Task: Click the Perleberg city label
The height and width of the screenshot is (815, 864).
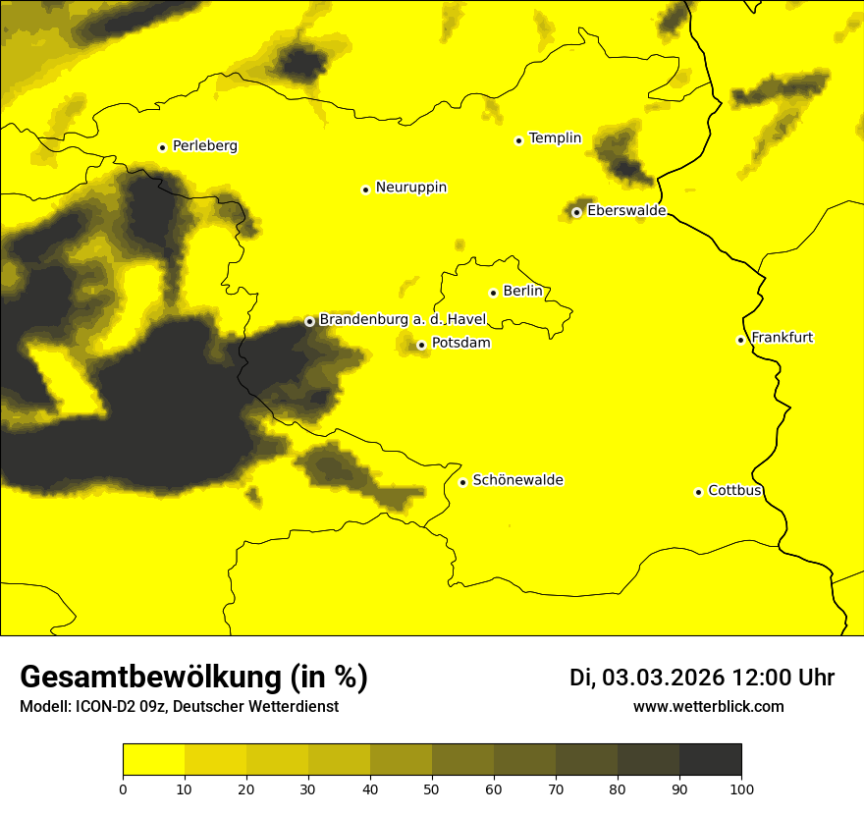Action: tap(204, 146)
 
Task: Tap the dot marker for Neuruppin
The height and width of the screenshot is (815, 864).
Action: tap(365, 190)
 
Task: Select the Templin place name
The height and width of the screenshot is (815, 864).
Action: tap(555, 138)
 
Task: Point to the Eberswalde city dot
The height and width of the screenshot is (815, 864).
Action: tap(576, 212)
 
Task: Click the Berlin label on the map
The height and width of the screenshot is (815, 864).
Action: tap(522, 292)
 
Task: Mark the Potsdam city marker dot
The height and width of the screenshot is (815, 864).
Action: tap(421, 345)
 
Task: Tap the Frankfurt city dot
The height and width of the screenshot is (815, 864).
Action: tap(740, 340)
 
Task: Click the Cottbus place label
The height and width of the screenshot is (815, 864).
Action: tap(734, 491)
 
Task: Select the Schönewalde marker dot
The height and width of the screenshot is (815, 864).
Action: tap(462, 482)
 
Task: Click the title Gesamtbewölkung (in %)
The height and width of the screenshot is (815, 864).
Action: tap(193, 678)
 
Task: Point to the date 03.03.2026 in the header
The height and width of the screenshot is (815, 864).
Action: tap(663, 678)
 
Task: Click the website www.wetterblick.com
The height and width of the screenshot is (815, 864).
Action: tap(708, 706)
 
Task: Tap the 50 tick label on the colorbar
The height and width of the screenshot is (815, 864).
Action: tap(432, 788)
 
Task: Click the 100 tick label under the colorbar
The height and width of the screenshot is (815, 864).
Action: tap(741, 788)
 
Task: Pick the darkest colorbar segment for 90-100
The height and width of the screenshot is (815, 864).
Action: tap(710, 760)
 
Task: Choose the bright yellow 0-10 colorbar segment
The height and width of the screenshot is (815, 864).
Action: tap(154, 760)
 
